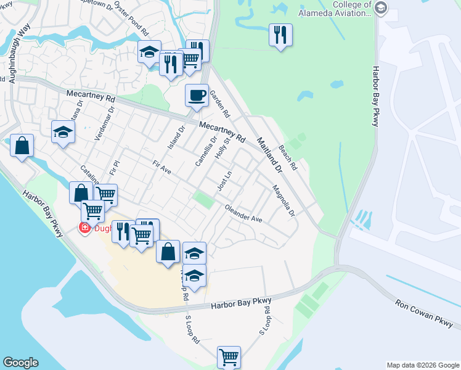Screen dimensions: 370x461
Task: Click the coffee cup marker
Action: (197, 96)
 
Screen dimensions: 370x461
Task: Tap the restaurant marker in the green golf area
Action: (280, 35)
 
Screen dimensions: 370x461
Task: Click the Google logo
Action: (20, 363)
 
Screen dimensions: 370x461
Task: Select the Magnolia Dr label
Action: (284, 202)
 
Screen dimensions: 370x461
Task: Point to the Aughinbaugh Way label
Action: (18, 52)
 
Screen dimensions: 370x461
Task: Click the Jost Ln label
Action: (224, 181)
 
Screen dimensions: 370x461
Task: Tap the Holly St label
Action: (222, 150)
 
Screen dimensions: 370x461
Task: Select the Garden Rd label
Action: (219, 105)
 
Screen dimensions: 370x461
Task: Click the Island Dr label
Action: (177, 138)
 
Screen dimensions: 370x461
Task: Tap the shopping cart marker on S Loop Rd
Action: (229, 357)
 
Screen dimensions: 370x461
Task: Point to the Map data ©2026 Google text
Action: (423, 365)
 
